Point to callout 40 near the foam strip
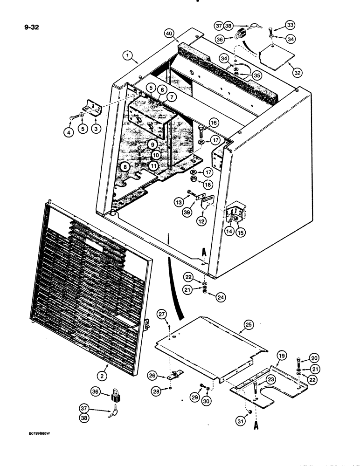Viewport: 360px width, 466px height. point(168,33)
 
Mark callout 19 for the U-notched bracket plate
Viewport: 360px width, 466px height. point(281,356)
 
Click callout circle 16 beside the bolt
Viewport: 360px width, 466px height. point(214,122)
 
